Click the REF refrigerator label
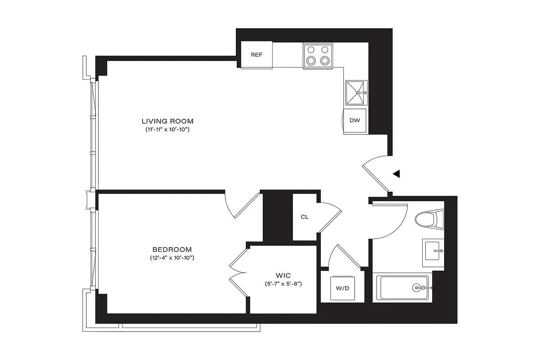256,55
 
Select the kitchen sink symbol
356,93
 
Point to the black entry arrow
396,174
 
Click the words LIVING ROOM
167,121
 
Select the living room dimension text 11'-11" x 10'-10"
167,130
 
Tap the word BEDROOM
172,249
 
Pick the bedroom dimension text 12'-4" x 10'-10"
172,258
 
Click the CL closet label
305,217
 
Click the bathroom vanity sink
433,250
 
